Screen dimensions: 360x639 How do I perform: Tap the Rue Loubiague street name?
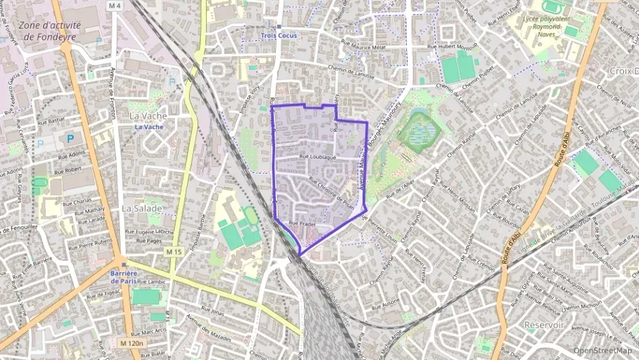319,157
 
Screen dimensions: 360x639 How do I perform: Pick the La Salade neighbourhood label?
142,208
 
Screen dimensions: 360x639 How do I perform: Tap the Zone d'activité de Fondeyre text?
50,31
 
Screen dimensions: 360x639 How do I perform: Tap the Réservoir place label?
544,325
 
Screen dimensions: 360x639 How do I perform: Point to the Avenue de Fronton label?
109,96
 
